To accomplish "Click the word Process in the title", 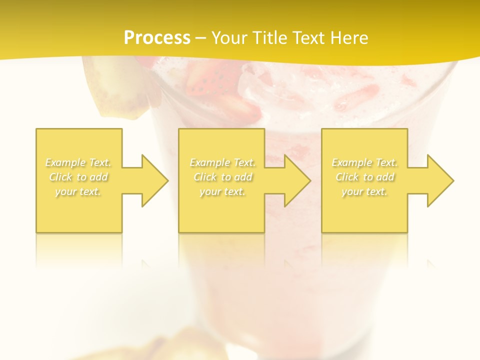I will pyautogui.click(x=157, y=38).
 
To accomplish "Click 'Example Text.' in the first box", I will pyautogui.click(x=78, y=162).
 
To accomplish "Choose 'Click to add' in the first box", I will pyautogui.click(x=78, y=177).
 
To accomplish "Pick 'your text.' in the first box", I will pyautogui.click(x=78, y=191).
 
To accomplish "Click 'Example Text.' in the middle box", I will pyautogui.click(x=222, y=162).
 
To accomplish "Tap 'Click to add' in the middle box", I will pyautogui.click(x=222, y=177).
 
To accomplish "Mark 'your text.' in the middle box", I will pyautogui.click(x=222, y=191).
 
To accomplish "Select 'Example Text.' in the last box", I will pyautogui.click(x=364, y=162).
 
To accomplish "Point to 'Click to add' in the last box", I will pyautogui.click(x=365, y=177).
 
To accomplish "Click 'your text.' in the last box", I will pyautogui.click(x=364, y=191).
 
